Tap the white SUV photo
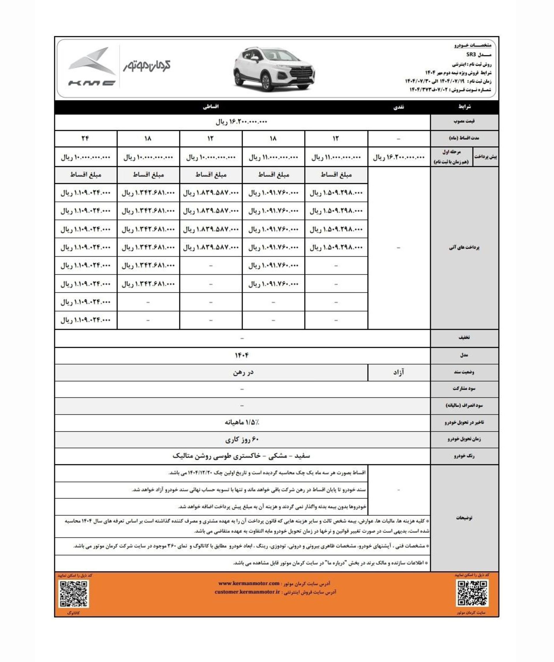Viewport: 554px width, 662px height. pos(274,69)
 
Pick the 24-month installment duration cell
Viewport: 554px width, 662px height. pos(85,138)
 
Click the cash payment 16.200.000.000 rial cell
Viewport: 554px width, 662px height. pos(399,157)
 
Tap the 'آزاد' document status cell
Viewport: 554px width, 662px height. pos(399,372)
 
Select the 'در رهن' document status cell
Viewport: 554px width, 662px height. pos(243,372)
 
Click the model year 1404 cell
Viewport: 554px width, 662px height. pos(242,355)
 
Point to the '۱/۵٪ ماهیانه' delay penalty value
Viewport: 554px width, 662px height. pos(242,422)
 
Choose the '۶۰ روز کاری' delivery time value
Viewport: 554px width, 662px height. pos(242,439)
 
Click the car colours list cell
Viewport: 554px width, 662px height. pos(242,456)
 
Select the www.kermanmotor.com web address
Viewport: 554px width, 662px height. pos(249,583)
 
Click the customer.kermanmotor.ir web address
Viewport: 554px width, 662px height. pos(247,592)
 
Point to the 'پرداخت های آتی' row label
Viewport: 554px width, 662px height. pos(464,247)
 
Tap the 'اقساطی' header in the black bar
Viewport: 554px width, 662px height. pos(211,107)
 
